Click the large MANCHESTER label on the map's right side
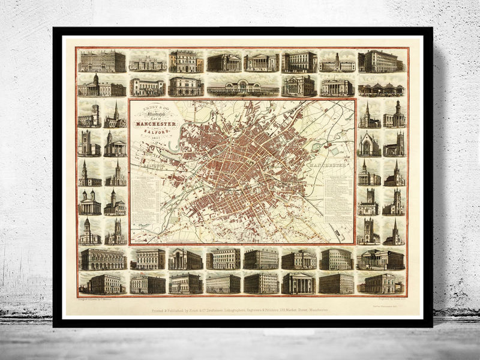tap(327, 164)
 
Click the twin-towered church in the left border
tap(90, 202)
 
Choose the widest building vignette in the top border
tap(243, 87)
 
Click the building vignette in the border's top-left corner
tap(101, 61)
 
